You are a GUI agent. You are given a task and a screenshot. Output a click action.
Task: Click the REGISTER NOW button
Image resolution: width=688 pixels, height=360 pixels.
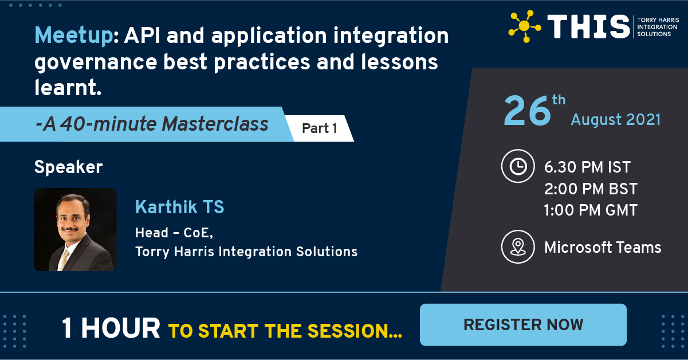(x=523, y=324)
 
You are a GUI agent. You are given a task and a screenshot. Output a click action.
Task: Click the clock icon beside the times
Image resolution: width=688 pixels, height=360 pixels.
(x=517, y=166)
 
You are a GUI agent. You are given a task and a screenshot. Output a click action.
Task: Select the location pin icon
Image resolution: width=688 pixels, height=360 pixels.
(x=517, y=247)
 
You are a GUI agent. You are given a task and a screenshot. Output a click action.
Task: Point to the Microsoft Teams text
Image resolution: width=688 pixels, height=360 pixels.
(x=603, y=248)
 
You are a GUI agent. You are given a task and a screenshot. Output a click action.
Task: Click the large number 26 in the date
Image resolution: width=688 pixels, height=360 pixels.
(x=526, y=111)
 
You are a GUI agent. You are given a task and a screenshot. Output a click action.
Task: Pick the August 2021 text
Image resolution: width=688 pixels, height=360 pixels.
(x=616, y=120)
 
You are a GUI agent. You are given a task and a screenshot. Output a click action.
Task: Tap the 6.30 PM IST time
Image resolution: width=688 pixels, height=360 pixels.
(x=587, y=167)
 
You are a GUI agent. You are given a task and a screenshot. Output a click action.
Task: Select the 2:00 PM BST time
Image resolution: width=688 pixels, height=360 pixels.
(x=591, y=189)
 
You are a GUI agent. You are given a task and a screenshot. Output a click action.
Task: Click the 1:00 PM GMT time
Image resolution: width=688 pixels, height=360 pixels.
(x=591, y=210)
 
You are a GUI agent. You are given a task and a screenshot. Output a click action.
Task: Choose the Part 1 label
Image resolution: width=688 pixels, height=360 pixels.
(x=319, y=128)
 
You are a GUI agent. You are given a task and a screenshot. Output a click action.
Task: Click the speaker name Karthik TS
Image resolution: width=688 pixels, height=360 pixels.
(x=179, y=207)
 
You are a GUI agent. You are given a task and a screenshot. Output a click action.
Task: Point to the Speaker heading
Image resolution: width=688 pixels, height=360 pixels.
(x=68, y=167)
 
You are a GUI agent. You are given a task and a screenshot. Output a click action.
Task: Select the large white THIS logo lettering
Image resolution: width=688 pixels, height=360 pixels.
(x=588, y=26)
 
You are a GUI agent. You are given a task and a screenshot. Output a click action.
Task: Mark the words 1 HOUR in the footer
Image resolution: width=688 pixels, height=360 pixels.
(x=111, y=328)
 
